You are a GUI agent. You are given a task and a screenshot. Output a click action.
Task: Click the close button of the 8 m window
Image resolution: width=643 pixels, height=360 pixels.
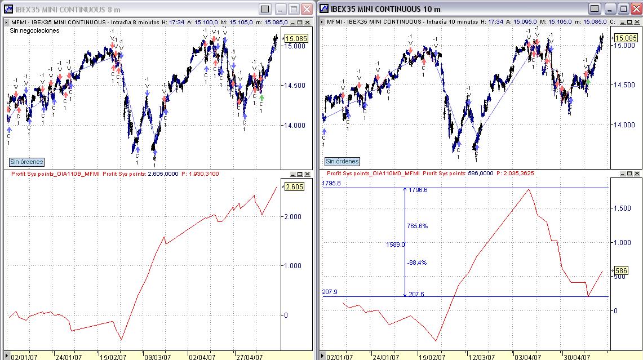pyautogui.click(x=307, y=9)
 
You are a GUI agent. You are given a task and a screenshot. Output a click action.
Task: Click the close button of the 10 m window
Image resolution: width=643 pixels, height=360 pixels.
pyautogui.click(x=636, y=9)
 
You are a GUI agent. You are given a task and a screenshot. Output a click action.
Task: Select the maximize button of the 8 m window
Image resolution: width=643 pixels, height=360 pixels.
pyautogui.click(x=294, y=9)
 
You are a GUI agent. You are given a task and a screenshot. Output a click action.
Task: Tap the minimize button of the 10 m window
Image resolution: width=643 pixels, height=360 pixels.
pyautogui.click(x=595, y=9)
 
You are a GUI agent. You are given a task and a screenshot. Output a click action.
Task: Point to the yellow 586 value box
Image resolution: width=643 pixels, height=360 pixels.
pyautogui.click(x=620, y=270)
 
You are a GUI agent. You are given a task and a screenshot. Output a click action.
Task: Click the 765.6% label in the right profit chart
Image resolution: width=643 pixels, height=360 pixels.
pyautogui.click(x=417, y=226)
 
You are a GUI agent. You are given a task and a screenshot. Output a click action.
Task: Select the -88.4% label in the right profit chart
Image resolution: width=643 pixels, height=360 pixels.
pyautogui.click(x=417, y=263)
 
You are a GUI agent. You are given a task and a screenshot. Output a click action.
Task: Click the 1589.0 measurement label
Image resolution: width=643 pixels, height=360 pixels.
pyautogui.click(x=396, y=245)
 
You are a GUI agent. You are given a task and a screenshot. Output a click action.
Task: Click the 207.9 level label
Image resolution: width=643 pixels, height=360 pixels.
pyautogui.click(x=330, y=292)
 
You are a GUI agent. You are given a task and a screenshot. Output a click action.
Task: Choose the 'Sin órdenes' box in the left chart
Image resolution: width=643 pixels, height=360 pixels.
pyautogui.click(x=26, y=162)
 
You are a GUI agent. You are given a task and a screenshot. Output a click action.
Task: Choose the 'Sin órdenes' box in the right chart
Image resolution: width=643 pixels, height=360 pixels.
pyautogui.click(x=342, y=161)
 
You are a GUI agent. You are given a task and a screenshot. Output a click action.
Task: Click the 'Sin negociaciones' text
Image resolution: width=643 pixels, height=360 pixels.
pyautogui.click(x=34, y=31)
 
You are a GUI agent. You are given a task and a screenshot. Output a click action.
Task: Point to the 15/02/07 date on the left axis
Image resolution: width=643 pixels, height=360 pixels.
pyautogui.click(x=113, y=357)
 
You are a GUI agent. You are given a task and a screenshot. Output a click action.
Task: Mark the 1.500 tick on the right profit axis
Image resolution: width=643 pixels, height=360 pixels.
pyautogui.click(x=623, y=208)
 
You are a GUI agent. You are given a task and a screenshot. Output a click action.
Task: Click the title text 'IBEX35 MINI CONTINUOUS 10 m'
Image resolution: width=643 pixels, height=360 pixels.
pyautogui.click(x=385, y=9)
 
